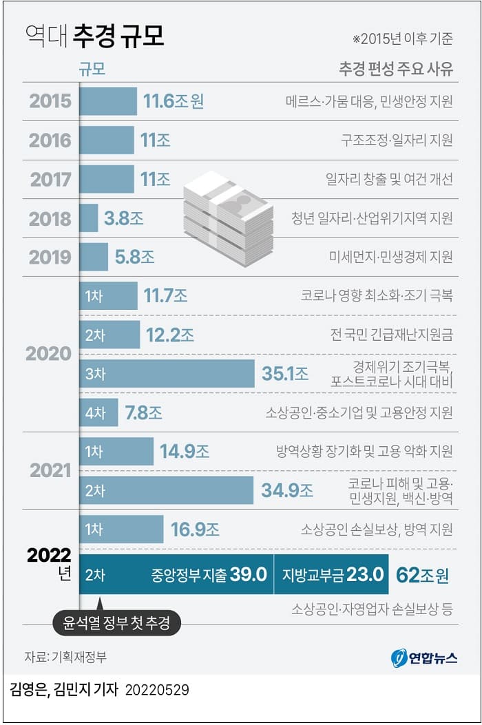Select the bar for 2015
tap(108, 101)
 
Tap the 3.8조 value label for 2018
tap(124, 218)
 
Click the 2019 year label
tap(50, 257)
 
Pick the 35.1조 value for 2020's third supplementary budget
tap(284, 374)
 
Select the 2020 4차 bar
tap(98, 412)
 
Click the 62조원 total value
tap(422, 575)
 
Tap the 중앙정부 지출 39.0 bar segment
tap(177, 575)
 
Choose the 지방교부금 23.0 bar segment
tap(332, 575)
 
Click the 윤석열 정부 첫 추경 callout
tap(117, 624)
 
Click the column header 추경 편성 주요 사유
tap(395, 70)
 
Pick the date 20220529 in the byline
tap(157, 689)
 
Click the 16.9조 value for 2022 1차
tap(195, 529)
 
